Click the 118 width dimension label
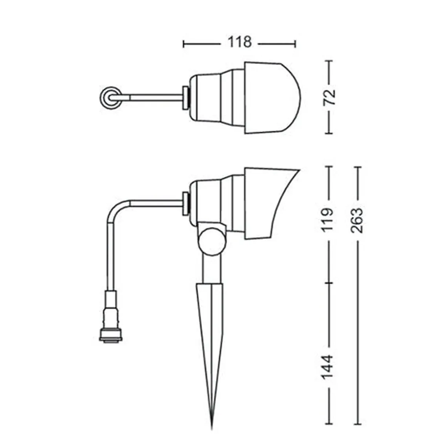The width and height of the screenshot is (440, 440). pyautogui.click(x=239, y=42)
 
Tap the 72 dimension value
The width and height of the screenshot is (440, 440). pyautogui.click(x=330, y=97)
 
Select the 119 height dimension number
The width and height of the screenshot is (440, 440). pyautogui.click(x=327, y=220)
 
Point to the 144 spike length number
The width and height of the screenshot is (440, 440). pyautogui.click(x=327, y=367)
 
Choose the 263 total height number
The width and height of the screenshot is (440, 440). pyautogui.click(x=357, y=220)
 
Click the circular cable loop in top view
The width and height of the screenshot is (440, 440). pyautogui.click(x=111, y=98)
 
